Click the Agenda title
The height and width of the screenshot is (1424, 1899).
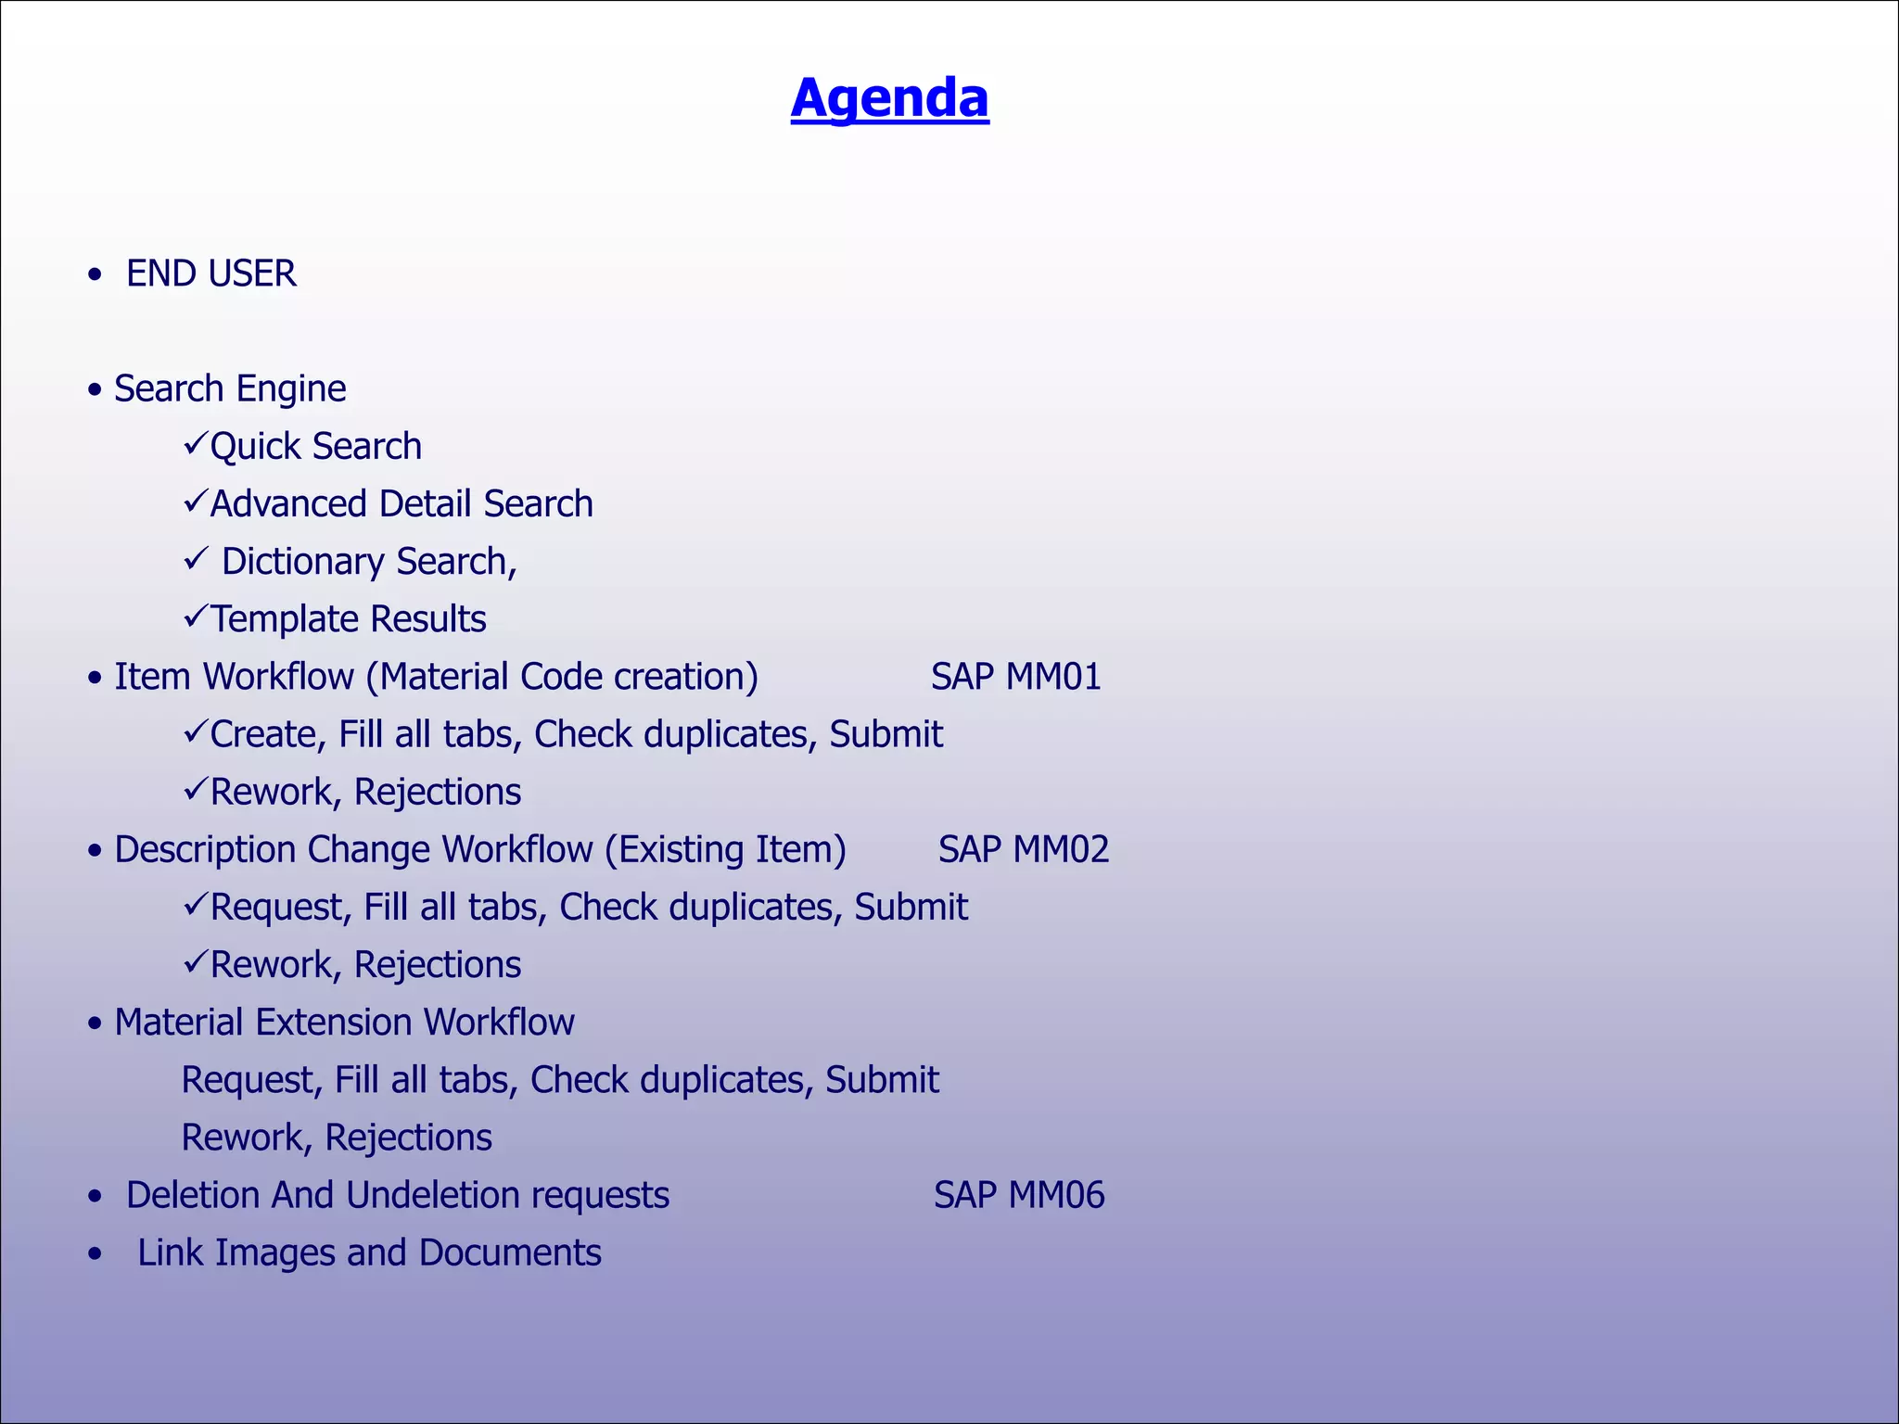[889, 98]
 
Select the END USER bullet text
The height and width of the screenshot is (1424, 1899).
[211, 273]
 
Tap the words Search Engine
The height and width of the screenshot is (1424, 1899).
[230, 388]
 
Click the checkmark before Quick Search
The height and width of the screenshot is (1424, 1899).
[195, 444]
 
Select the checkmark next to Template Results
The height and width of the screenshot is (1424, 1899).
[195, 617]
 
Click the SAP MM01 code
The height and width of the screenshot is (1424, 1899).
[1015, 677]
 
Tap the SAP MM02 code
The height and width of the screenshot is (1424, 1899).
[1023, 849]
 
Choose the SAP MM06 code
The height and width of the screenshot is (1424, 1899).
[1018, 1195]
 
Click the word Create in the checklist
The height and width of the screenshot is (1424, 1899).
[263, 734]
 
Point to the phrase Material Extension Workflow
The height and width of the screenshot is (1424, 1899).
[344, 1023]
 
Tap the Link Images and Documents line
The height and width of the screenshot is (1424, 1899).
[369, 1252]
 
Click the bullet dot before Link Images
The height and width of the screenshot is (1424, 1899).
[95, 1254]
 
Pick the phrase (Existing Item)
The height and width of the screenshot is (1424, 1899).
[725, 849]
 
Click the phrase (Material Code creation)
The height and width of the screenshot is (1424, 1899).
[562, 677]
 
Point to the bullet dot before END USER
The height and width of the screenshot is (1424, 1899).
[95, 275]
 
